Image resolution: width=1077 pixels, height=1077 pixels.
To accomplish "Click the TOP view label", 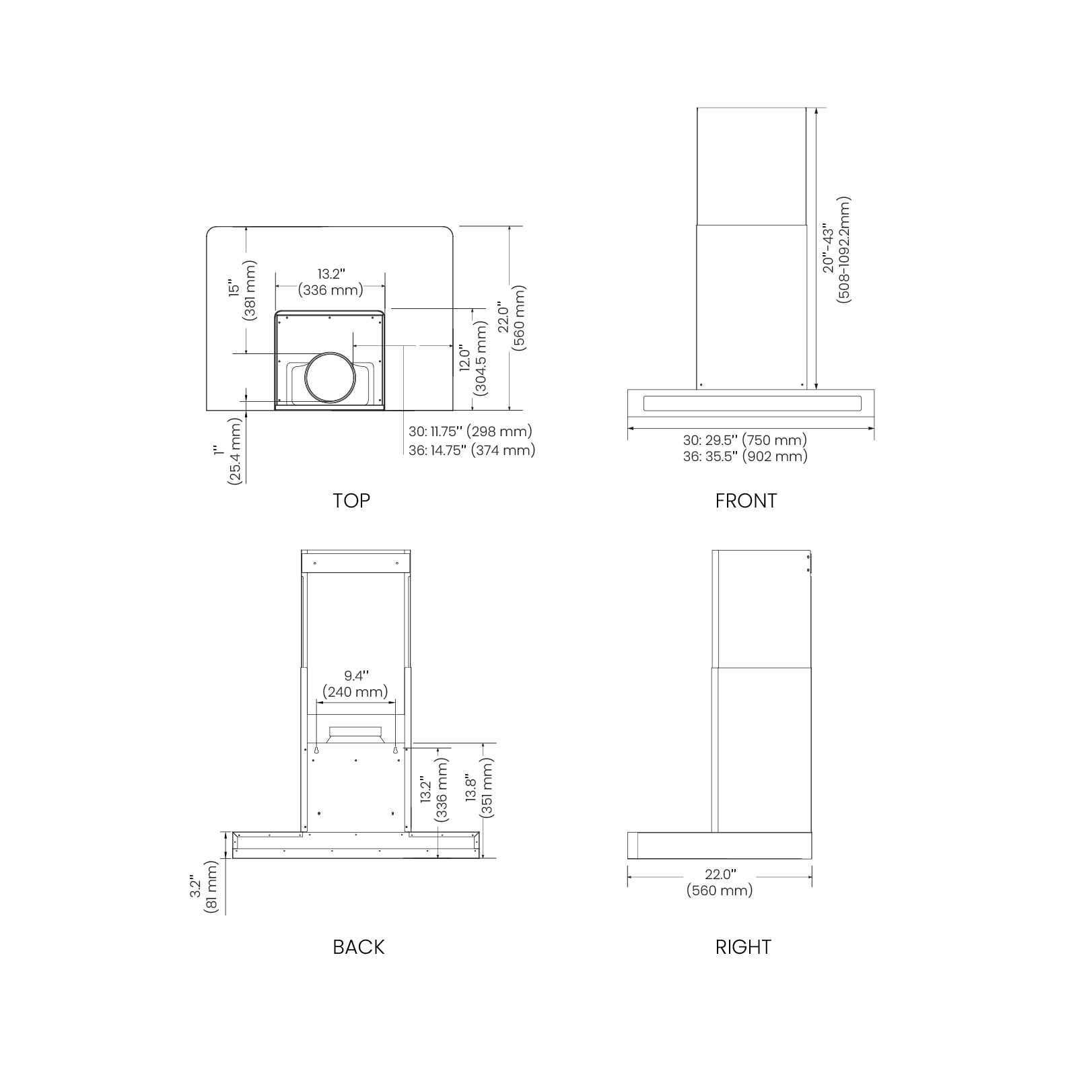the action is click(351, 501).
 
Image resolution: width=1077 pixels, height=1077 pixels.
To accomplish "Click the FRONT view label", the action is click(746, 501).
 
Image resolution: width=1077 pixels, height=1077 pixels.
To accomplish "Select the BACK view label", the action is click(358, 947).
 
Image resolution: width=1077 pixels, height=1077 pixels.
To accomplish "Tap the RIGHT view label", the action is click(743, 947).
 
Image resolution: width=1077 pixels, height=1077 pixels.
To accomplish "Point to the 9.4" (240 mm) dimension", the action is click(355, 683).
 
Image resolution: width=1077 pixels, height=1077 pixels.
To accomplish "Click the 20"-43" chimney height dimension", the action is click(836, 250).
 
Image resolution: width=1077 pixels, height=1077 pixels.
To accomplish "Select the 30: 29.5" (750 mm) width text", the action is click(744, 440).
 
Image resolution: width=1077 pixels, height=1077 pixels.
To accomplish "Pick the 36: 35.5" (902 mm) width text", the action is click(745, 456).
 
